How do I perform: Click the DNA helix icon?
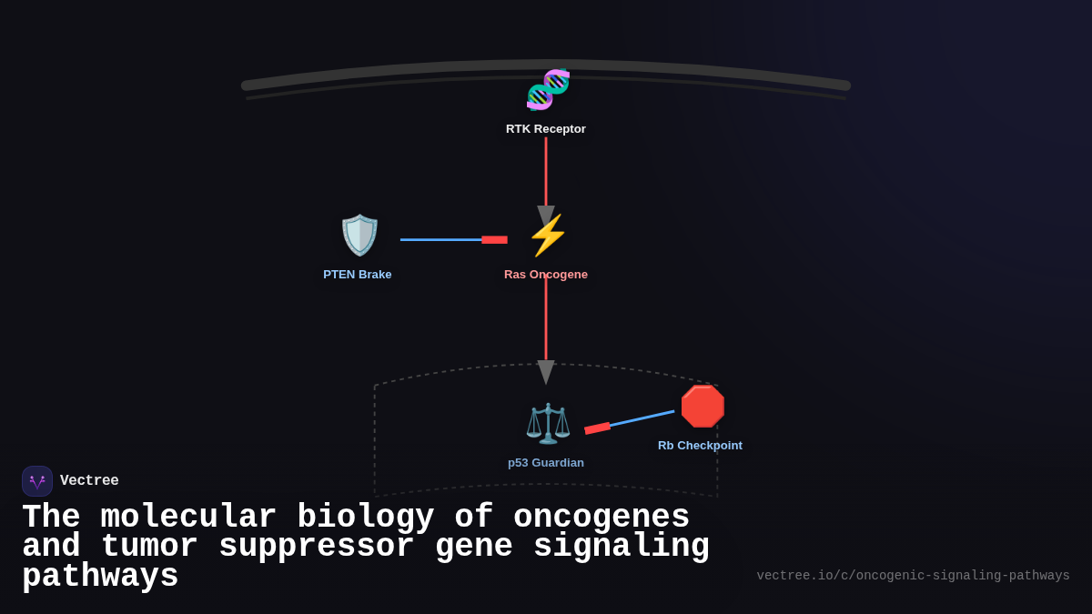548,89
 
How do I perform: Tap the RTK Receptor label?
546,129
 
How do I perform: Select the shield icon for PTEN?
359,235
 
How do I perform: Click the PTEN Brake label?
358,275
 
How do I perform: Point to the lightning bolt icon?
547,236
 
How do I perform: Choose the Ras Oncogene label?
546,275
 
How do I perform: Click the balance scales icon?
548,423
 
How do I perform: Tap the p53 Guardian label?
546,463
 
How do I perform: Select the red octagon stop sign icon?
703,407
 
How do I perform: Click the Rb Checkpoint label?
700,446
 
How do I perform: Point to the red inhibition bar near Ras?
494,240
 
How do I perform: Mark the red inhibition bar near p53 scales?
597,428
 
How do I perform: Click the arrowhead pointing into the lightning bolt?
546,216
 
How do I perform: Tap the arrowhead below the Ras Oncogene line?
546,371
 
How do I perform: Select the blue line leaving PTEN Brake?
440,240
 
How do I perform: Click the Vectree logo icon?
37,481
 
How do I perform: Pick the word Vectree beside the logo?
89,481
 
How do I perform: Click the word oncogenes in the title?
601,518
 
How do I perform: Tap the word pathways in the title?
100,577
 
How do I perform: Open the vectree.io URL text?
913,576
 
